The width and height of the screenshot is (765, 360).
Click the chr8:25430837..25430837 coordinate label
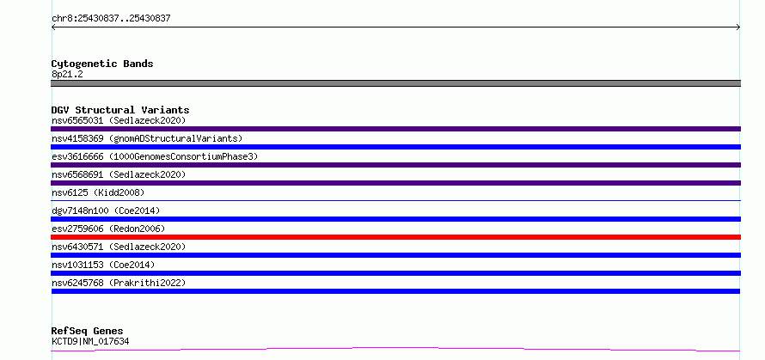coord(111,19)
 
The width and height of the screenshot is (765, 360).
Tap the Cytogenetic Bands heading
coord(102,64)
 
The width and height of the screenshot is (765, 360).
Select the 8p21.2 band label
coord(67,74)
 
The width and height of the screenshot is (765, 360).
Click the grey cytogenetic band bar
coord(395,83)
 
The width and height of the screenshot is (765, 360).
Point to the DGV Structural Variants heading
coord(120,110)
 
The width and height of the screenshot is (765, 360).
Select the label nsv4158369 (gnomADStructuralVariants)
coord(147,138)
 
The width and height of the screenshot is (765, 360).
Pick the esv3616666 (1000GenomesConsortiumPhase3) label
coord(155,156)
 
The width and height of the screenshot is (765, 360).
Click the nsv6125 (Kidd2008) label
coord(98,192)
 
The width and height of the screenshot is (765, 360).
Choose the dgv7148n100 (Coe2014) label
coord(106,211)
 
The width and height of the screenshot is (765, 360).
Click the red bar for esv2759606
coord(395,237)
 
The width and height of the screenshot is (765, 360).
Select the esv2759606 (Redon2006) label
coord(108,229)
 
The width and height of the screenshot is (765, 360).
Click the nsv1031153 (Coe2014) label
coord(103,265)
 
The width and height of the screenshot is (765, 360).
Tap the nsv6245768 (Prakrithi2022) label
coord(119,283)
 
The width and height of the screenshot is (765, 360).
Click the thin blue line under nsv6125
coord(395,200)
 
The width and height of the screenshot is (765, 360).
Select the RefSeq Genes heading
coord(88,332)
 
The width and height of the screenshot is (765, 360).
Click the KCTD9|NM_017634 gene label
coord(90,341)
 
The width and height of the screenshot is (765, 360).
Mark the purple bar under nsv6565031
coord(395,129)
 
